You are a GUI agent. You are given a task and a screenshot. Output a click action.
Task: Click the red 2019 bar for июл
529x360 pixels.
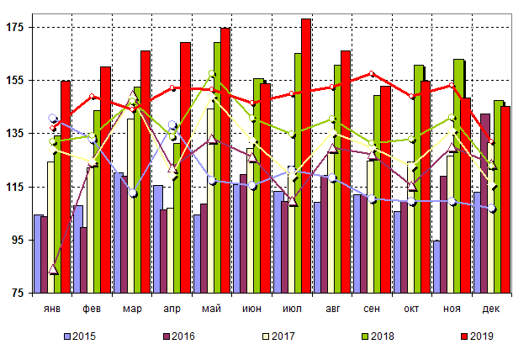tap(306, 156)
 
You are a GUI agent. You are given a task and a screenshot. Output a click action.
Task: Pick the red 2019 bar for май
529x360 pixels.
tap(225, 160)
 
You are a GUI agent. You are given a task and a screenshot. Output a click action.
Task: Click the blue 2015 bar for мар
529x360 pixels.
tap(119, 232)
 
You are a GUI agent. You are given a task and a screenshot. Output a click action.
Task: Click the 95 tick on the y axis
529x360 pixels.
tap(19, 240)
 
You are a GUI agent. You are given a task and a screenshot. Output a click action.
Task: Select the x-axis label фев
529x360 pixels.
tap(93, 310)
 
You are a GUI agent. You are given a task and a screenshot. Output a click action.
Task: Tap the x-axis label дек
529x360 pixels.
tap(491, 310)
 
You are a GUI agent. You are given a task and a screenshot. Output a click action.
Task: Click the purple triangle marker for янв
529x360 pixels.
tap(54, 269)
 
